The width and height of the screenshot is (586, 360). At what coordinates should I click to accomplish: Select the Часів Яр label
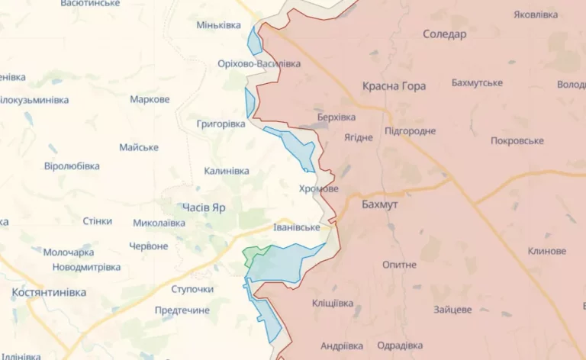[204, 207]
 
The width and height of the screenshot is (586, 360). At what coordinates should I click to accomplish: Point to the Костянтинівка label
[49, 292]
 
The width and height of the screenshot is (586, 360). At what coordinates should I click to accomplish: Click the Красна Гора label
[394, 86]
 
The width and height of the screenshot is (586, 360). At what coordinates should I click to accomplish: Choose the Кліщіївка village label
[333, 304]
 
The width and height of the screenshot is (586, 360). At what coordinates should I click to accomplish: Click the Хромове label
[318, 188]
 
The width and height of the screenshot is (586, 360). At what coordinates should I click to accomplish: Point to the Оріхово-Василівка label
[259, 64]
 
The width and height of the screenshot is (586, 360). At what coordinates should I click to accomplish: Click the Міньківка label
[219, 25]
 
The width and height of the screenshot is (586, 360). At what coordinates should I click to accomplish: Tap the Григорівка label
[221, 123]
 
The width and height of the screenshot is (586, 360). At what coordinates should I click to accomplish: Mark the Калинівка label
[227, 171]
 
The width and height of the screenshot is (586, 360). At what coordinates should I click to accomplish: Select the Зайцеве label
[452, 310]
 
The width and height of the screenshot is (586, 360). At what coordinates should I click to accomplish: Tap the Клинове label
[546, 251]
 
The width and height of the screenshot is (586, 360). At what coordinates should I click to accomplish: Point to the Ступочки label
[192, 289]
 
